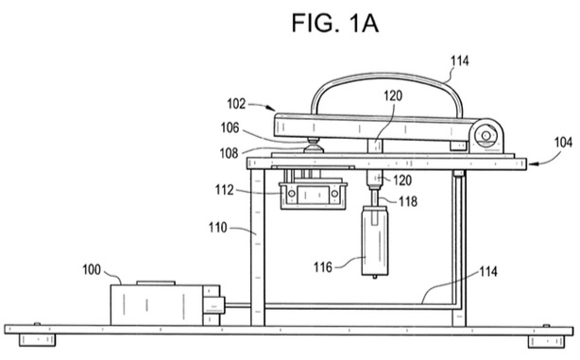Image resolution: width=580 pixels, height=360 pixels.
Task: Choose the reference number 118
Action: point(407,201)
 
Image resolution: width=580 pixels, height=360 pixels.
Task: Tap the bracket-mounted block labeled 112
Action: point(313,195)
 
